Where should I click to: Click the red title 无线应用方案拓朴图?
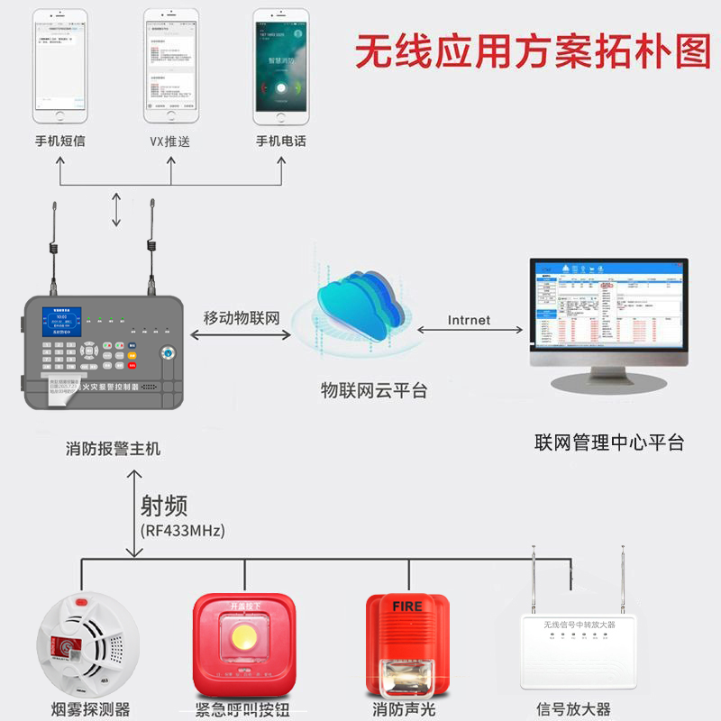click(x=533, y=52)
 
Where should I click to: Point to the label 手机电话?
click(x=281, y=141)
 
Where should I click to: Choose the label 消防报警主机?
click(x=114, y=448)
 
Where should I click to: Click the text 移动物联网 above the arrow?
click(x=242, y=317)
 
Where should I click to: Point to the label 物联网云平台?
click(x=374, y=390)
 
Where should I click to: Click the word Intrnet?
click(x=469, y=320)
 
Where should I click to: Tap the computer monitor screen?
click(x=607, y=304)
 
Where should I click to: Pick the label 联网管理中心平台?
click(x=609, y=443)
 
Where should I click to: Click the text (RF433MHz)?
click(x=183, y=530)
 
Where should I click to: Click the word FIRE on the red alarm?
click(x=406, y=607)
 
